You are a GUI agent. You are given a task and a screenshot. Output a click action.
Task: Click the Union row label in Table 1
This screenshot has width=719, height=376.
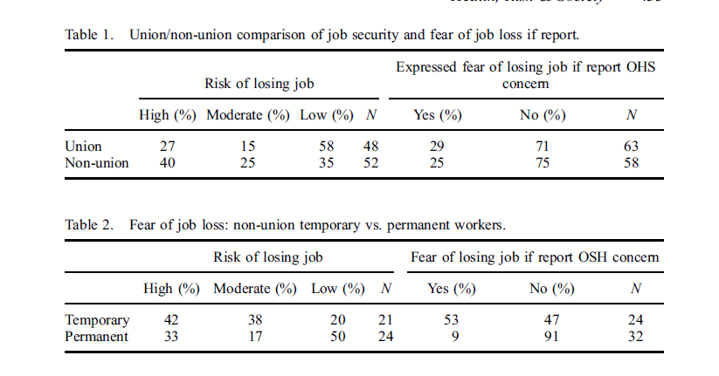[x=84, y=147]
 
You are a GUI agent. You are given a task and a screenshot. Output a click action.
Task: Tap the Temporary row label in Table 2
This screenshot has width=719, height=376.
[x=98, y=320]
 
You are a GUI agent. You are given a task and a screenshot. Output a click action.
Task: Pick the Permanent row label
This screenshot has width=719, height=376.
[x=98, y=336]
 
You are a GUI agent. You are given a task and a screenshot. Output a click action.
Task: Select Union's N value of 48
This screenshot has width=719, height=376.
[x=370, y=147]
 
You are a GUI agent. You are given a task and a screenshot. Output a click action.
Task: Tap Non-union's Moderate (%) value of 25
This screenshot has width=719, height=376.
[x=246, y=162]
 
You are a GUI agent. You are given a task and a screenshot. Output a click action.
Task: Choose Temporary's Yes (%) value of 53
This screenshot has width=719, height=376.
[x=451, y=320]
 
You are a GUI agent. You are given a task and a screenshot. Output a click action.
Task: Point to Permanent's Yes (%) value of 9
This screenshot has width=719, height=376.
[x=451, y=336]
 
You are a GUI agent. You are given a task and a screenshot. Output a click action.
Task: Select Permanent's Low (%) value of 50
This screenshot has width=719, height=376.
[x=337, y=336]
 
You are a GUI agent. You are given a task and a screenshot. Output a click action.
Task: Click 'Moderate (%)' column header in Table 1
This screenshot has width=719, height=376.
[x=246, y=115]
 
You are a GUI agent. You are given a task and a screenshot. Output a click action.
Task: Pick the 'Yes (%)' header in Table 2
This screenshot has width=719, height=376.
[x=451, y=289]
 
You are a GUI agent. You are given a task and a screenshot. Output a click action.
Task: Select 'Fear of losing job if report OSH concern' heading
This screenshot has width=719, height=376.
[x=535, y=257]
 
